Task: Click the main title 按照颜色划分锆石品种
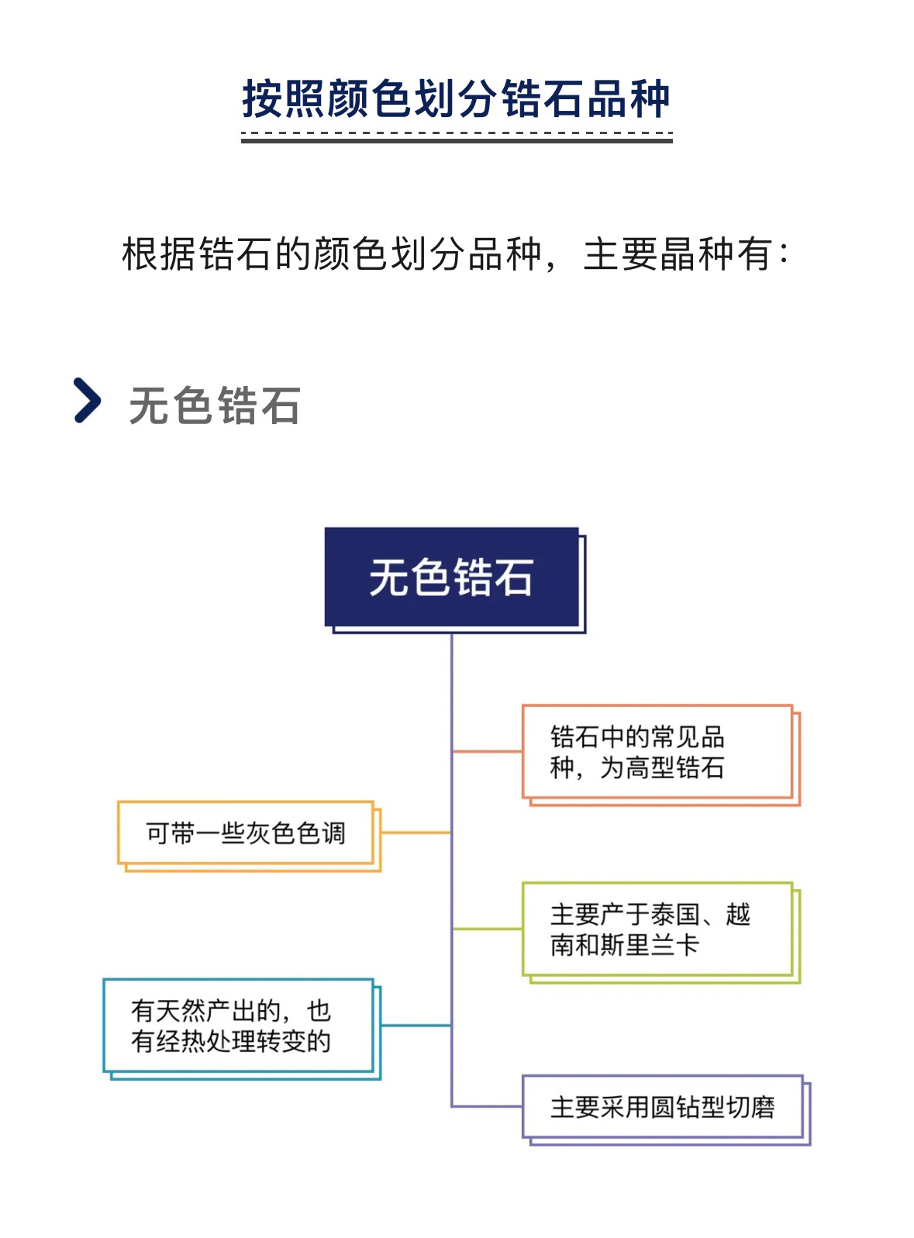coord(456,98)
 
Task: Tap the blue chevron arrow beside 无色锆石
coord(87,400)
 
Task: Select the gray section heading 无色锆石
coord(215,405)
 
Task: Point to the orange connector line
coord(487,751)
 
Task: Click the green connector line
coord(487,929)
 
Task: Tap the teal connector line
coord(416,1026)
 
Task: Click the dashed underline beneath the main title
coord(457,133)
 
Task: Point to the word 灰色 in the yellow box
coord(271,833)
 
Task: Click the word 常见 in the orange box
coord(675,736)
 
